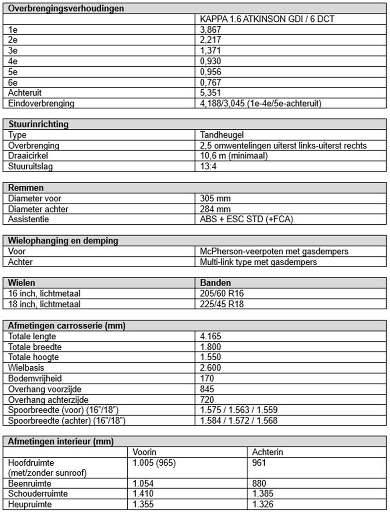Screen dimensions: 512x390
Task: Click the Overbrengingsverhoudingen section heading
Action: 66,8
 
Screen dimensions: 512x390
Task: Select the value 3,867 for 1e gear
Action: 211,30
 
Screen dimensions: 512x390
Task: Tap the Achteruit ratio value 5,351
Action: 211,93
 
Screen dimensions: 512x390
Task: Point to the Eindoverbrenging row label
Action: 41,103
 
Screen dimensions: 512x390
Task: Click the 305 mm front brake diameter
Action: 215,198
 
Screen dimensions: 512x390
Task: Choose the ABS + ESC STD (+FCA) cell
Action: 247,219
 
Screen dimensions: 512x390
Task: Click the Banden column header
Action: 215,283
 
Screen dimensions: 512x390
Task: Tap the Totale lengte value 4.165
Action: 211,336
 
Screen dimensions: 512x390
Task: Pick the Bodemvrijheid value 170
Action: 207,378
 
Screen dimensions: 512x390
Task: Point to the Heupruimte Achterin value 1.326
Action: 262,504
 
